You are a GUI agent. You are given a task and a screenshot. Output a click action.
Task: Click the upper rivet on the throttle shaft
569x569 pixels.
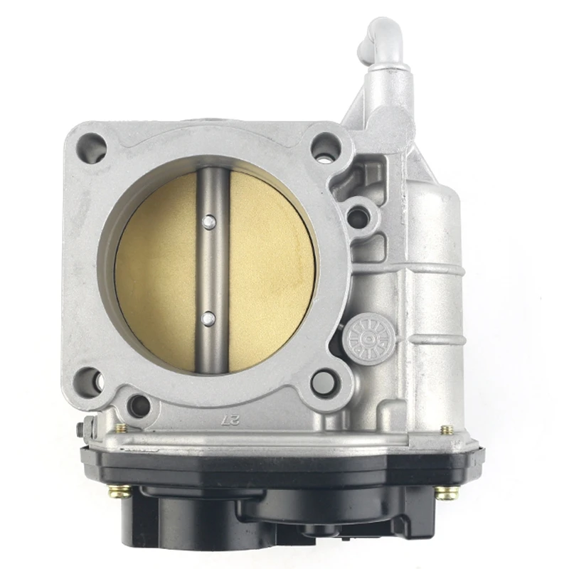[208, 222]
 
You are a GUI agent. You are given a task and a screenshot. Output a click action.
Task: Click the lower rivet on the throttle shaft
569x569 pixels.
[208, 318]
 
